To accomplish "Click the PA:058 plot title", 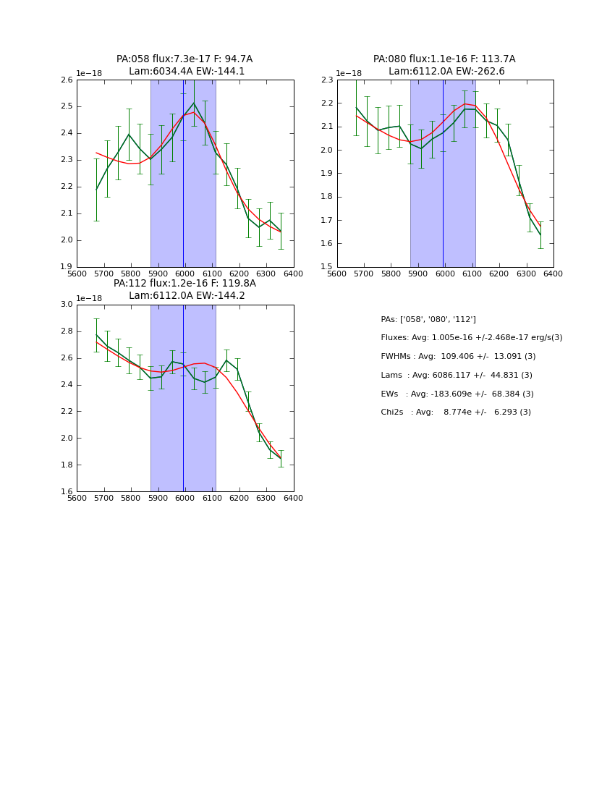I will pyautogui.click(x=184, y=65).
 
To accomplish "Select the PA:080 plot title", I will pyautogui.click(x=444, y=65).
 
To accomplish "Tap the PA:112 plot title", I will pyautogui.click(x=184, y=289).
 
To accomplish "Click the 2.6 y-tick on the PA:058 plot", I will pyautogui.click(x=67, y=80).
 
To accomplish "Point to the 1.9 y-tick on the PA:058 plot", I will pyautogui.click(x=67, y=267).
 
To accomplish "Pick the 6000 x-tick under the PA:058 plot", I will pyautogui.click(x=184, y=274).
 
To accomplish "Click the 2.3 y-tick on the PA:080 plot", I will pyautogui.click(x=327, y=80).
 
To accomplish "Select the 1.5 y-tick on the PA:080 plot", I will pyautogui.click(x=327, y=267).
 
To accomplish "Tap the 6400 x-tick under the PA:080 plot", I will pyautogui.click(x=553, y=274).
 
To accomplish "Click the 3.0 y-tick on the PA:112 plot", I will pyautogui.click(x=67, y=304).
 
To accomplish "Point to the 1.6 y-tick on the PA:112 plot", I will pyautogui.click(x=67, y=491).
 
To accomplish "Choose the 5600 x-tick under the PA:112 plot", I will pyautogui.click(x=77, y=499).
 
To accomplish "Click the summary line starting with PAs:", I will pyautogui.click(x=428, y=319).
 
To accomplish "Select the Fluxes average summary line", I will pyautogui.click(x=471, y=338).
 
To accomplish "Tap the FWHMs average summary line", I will pyautogui.click(x=458, y=357).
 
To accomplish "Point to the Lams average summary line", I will pyautogui.click(x=456, y=376).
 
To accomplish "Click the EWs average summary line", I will pyautogui.click(x=457, y=394).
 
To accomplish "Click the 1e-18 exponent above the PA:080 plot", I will pyautogui.click(x=349, y=74).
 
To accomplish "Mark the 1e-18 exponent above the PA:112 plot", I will pyautogui.click(x=89, y=298).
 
